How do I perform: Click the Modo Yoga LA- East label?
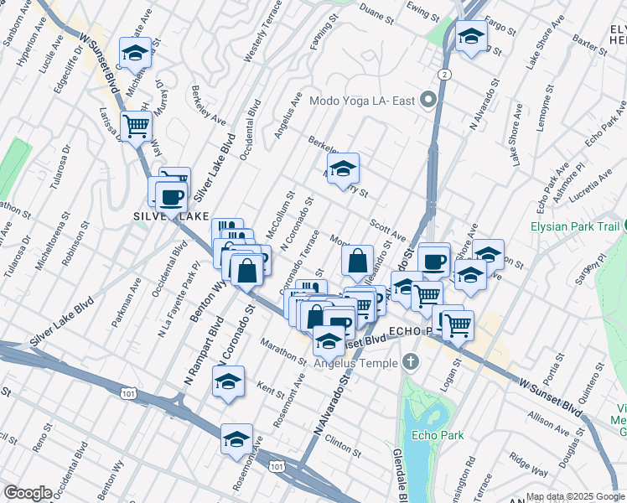pyautogui.click(x=362, y=101)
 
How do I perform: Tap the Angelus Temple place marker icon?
pyautogui.click(x=410, y=362)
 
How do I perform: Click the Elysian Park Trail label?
pyautogui.click(x=575, y=226)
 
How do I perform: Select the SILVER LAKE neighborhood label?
pyautogui.click(x=170, y=216)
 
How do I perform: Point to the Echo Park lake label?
pyautogui.click(x=432, y=436)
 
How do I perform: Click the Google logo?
pyautogui.click(x=28, y=493)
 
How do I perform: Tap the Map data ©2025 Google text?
pyautogui.click(x=575, y=496)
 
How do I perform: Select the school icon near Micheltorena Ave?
pyautogui.click(x=135, y=53)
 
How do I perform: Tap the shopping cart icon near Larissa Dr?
pyautogui.click(x=136, y=127)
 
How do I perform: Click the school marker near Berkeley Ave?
pyautogui.click(x=342, y=169)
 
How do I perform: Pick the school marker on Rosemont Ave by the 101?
pyautogui.click(x=236, y=439)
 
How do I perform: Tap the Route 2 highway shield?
pyautogui.click(x=443, y=75)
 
